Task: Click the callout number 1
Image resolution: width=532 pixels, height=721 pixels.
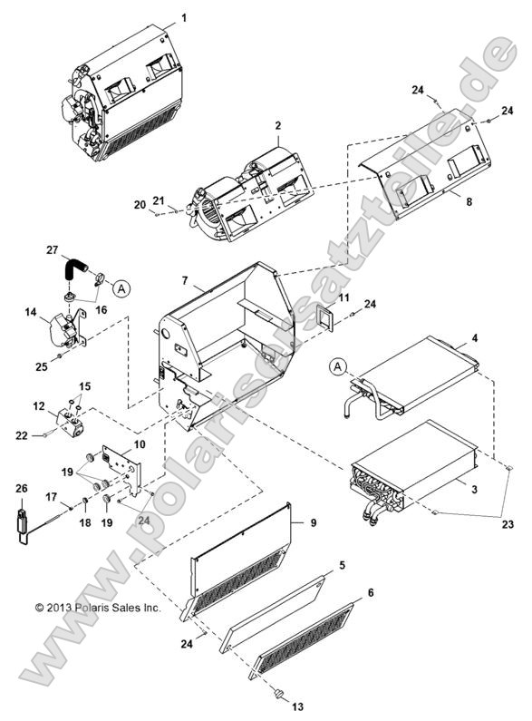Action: [184, 17]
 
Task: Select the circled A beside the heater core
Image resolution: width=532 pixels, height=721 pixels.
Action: [338, 365]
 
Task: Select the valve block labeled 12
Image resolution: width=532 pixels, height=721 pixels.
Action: [72, 418]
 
